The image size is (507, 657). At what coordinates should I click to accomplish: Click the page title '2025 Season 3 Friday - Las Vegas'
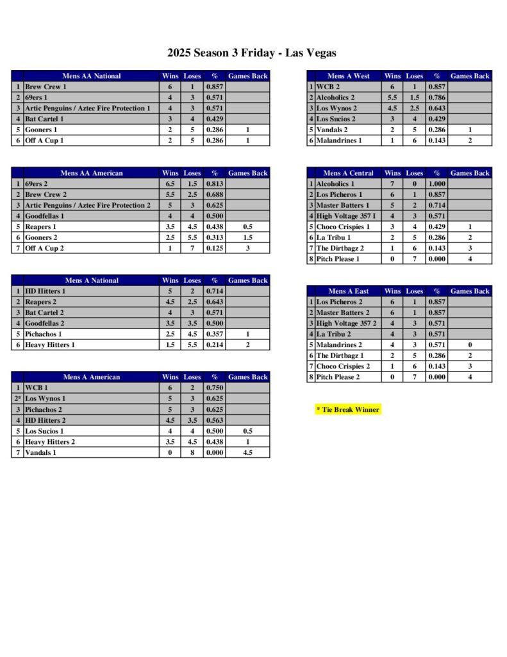tap(252, 53)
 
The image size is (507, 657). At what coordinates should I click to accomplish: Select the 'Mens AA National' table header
tap(91, 76)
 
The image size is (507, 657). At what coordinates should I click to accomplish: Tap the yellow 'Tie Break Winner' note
tap(348, 409)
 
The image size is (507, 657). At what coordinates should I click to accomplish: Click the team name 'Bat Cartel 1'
tap(45, 119)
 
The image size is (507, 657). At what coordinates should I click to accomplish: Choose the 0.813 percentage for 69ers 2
tap(215, 183)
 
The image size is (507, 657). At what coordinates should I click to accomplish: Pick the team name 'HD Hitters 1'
tap(46, 291)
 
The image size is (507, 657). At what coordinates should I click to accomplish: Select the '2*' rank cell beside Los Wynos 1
tap(17, 398)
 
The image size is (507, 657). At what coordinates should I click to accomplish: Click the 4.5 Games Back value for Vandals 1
tap(247, 452)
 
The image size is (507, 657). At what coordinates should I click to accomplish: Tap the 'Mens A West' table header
tap(348, 76)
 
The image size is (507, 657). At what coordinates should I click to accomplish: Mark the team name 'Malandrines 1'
tap(339, 141)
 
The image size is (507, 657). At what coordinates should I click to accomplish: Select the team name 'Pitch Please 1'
tap(338, 259)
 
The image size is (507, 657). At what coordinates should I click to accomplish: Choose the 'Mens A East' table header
tap(348, 291)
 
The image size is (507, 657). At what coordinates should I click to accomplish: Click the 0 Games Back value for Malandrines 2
tap(470, 345)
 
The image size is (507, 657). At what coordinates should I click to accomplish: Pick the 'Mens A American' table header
tap(91, 377)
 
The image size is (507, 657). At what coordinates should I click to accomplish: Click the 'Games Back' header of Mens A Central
tap(470, 173)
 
